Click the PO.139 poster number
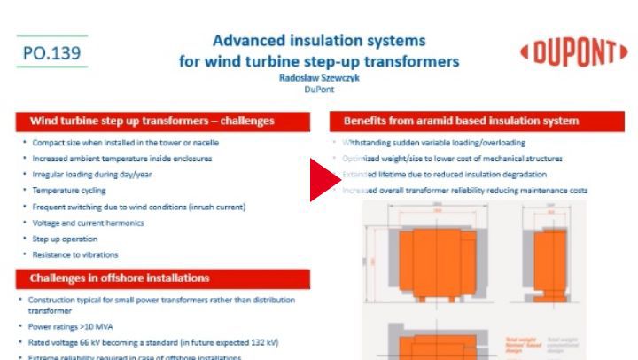[52, 54]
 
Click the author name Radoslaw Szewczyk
[319, 77]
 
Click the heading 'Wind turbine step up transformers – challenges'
[152, 120]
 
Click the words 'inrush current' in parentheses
[212, 207]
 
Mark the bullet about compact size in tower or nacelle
[125, 143]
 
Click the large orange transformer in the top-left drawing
[422, 256]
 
